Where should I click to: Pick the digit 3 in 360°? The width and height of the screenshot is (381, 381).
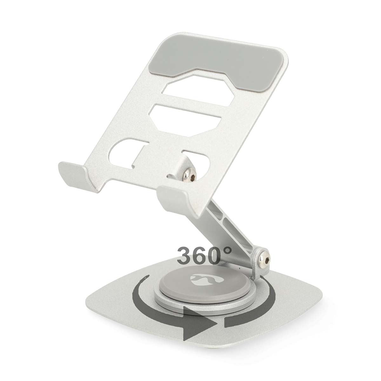coord(186,255)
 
